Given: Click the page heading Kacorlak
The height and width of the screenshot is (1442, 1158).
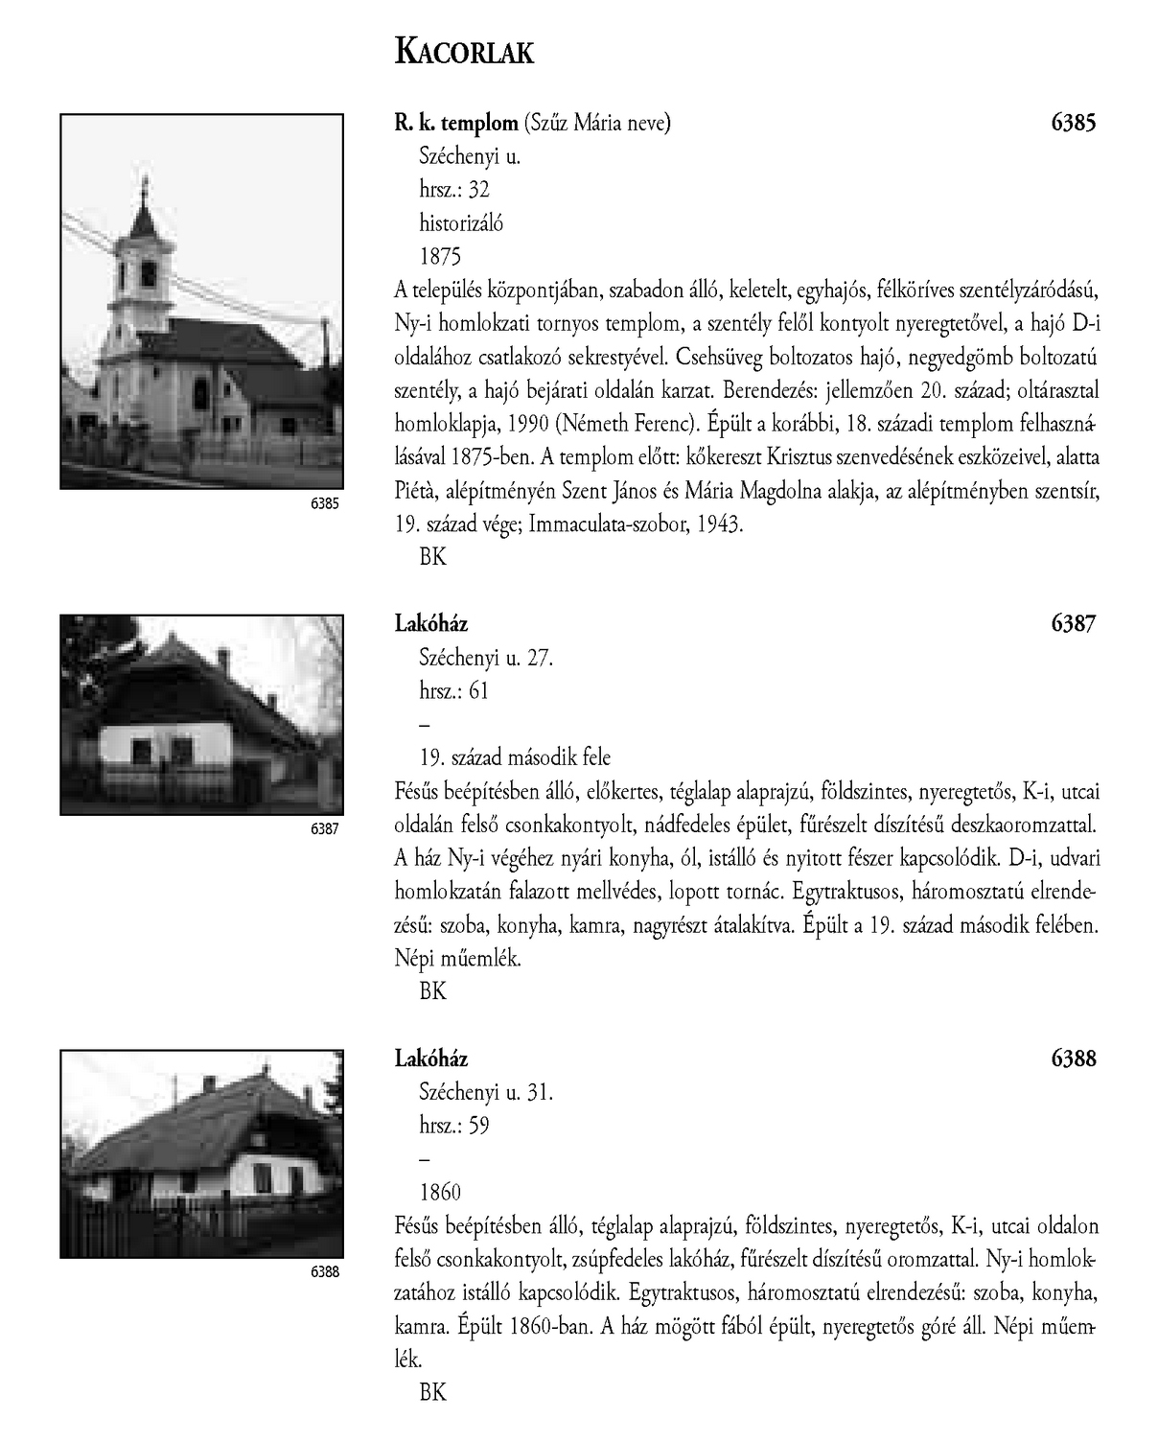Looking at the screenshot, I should (464, 53).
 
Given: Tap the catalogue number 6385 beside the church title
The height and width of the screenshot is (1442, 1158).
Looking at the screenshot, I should (1073, 123).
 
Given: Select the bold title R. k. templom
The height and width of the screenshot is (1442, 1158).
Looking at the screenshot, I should (455, 123).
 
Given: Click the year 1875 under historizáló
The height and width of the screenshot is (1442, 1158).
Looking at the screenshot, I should (440, 256).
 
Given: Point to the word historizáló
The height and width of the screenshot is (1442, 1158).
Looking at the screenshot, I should (461, 223).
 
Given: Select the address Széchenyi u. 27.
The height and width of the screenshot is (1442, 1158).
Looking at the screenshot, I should (486, 658).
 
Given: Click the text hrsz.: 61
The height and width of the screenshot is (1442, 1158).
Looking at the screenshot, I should (453, 690).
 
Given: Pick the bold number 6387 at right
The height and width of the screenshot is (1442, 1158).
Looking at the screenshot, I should (1073, 624).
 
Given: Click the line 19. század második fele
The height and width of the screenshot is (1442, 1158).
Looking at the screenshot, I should (515, 757).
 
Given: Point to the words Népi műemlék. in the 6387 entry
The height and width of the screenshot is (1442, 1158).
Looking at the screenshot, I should (457, 958).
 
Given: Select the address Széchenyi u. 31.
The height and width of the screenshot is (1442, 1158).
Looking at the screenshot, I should (486, 1092).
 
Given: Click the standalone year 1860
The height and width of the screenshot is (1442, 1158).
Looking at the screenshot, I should (440, 1192).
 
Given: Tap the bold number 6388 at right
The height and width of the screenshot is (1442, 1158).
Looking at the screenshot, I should (1073, 1058).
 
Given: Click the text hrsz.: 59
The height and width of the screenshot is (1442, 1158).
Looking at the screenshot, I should (453, 1126).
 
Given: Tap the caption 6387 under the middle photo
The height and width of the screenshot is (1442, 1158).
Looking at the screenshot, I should (325, 828).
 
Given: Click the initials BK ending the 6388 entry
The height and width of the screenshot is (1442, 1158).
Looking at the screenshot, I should (432, 1392).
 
